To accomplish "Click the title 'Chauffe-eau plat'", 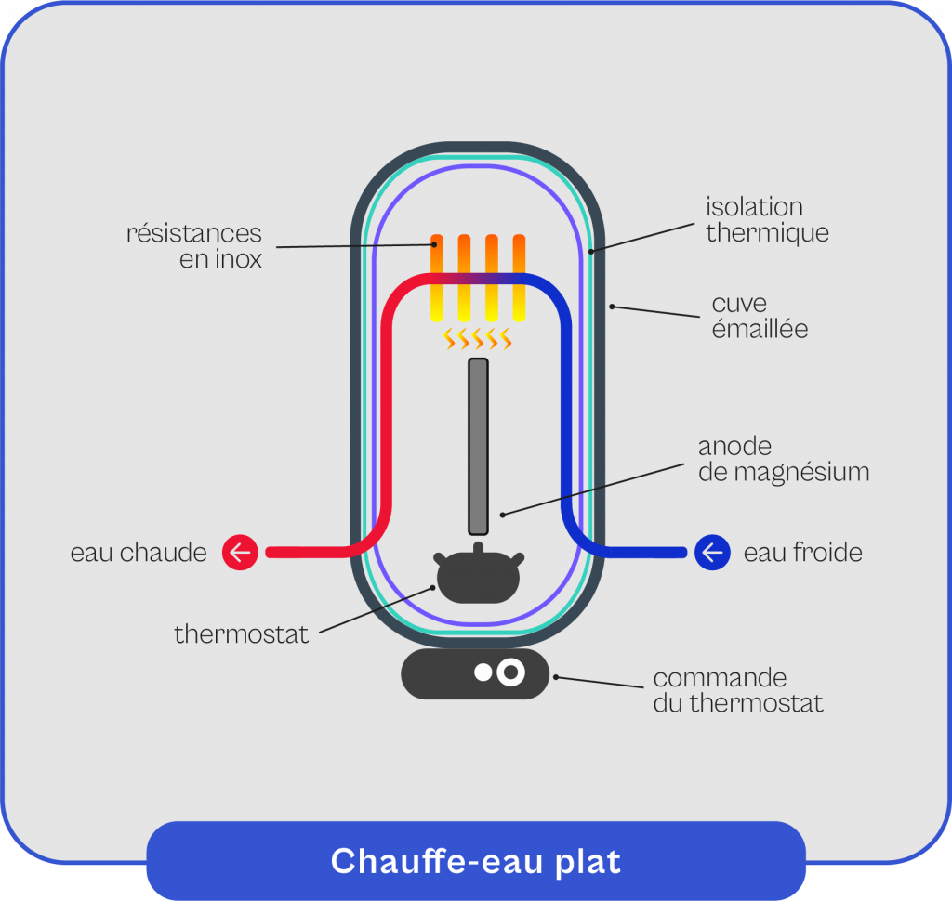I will (x=475, y=861).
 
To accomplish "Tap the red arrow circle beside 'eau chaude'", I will (x=240, y=553).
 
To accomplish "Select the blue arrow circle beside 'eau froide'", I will (x=712, y=553).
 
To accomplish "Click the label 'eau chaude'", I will (x=139, y=553).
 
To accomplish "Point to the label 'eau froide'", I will (x=803, y=553).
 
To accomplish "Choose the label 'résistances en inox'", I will (x=194, y=246).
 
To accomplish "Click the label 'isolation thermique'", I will (x=767, y=219).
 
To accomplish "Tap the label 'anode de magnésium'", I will (x=784, y=460).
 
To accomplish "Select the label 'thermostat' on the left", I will (x=242, y=635).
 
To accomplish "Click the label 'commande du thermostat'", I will (x=738, y=690).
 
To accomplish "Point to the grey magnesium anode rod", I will (x=478, y=446).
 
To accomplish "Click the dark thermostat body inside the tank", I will (x=477, y=578).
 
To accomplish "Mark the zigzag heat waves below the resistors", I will (x=478, y=339).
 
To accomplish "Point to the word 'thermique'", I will (x=767, y=232).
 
